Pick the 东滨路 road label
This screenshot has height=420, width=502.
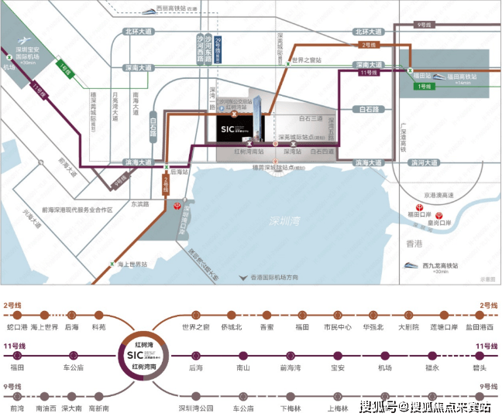click(139, 204)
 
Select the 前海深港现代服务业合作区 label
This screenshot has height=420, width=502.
click(77, 210)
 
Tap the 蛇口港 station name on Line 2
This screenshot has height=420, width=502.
click(16, 328)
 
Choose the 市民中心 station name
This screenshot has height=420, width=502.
click(337, 328)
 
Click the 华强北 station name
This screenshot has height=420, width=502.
click(373, 328)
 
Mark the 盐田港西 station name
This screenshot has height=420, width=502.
click(478, 328)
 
